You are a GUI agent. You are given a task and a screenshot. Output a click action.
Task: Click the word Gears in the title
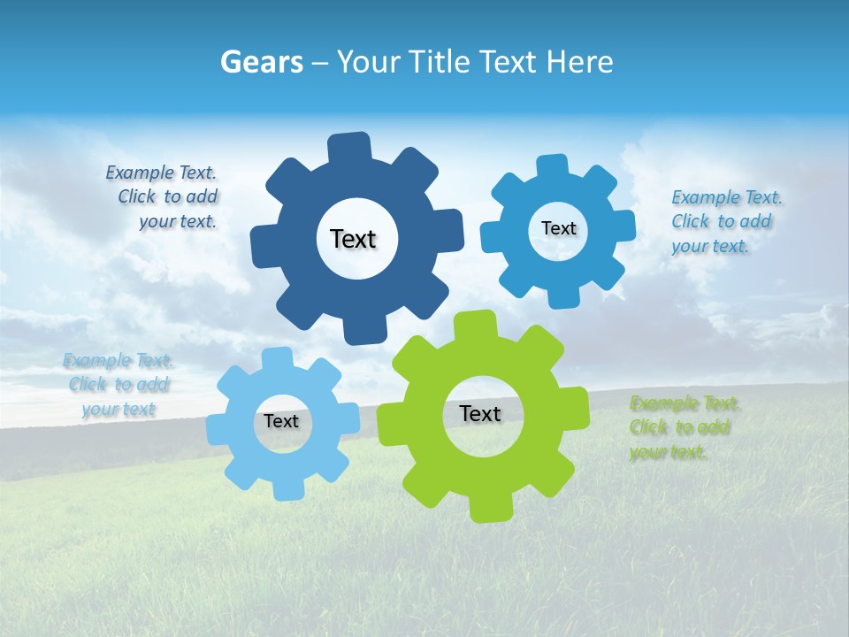click(x=260, y=62)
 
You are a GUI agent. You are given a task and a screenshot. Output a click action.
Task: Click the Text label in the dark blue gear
click(x=353, y=239)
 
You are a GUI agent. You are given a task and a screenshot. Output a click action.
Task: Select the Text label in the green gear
click(x=480, y=414)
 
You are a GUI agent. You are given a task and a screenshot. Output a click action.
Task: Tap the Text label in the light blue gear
click(x=281, y=422)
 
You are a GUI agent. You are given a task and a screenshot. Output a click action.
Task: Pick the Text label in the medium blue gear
click(x=558, y=228)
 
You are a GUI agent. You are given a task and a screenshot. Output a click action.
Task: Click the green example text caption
click(x=685, y=428)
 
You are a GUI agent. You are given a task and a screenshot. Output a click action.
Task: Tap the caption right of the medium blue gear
click(x=725, y=222)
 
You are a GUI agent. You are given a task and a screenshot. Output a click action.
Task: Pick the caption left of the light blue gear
click(x=119, y=385)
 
